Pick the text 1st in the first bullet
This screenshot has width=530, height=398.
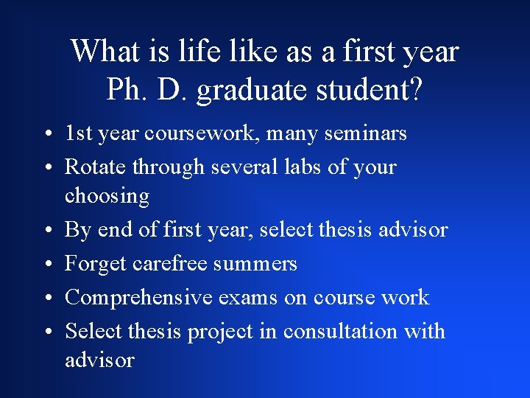78,133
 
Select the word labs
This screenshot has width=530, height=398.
303,167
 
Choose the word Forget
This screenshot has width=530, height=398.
91,263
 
